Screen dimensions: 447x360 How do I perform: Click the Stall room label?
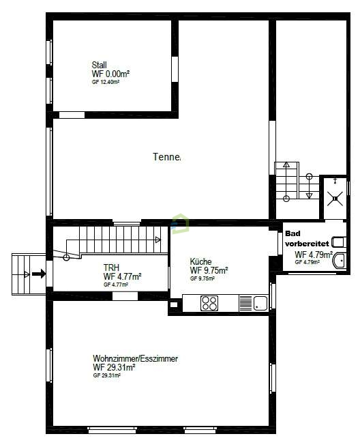click(100, 65)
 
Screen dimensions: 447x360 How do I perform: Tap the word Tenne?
click(166, 157)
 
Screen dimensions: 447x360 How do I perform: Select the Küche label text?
click(201, 261)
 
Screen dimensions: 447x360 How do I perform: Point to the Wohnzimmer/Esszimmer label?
click(136, 358)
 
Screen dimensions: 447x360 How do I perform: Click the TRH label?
click(111, 268)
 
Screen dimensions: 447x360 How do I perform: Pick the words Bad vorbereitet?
click(307, 238)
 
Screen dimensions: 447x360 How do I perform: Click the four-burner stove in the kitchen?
click(209, 304)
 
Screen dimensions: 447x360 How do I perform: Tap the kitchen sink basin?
click(260, 303)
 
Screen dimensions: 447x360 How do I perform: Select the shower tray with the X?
click(334, 199)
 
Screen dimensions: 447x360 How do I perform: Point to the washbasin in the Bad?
click(340, 242)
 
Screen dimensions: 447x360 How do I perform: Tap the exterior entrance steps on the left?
click(28, 274)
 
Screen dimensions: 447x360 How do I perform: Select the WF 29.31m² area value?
click(114, 367)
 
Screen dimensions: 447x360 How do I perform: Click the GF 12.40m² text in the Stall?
click(106, 82)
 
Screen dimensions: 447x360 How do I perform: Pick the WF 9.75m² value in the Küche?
click(209, 270)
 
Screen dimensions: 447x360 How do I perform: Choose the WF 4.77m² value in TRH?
click(122, 276)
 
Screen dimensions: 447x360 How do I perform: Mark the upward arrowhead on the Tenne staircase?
click(286, 165)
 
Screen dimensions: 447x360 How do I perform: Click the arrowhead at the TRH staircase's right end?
click(158, 240)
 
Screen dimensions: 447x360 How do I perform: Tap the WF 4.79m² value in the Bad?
click(313, 255)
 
